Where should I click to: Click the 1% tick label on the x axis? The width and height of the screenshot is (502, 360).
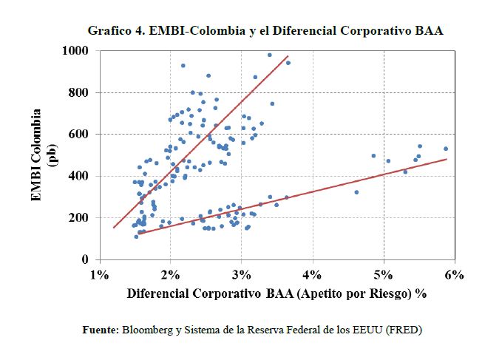[98, 275]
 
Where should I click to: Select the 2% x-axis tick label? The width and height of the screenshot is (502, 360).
[170, 275]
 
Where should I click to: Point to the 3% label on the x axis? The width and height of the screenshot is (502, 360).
[241, 275]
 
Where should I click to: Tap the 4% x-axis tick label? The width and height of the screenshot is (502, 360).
[312, 275]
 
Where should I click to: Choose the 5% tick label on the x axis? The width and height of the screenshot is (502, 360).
[383, 275]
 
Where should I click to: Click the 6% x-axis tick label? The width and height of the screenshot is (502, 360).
[454, 275]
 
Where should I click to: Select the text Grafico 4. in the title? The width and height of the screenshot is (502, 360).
[115, 31]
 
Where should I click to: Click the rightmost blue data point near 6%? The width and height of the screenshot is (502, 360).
[446, 149]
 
